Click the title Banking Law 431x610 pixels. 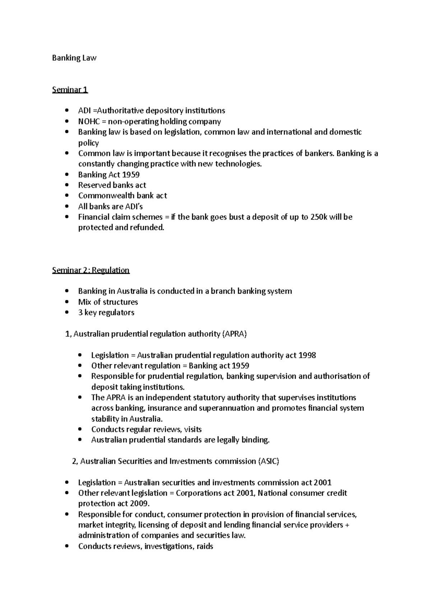point(74,58)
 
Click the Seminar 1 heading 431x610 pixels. point(70,89)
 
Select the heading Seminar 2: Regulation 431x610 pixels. point(91,270)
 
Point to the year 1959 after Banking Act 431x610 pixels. point(131,175)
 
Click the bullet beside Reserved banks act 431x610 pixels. point(66,185)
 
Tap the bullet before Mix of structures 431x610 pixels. point(66,302)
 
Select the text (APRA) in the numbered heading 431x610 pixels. point(235,334)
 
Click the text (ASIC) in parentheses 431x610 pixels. point(268,461)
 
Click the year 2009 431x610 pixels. point(138,504)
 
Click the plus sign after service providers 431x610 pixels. point(347,525)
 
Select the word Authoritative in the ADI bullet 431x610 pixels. point(115,111)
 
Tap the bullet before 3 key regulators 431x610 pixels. point(66,313)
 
